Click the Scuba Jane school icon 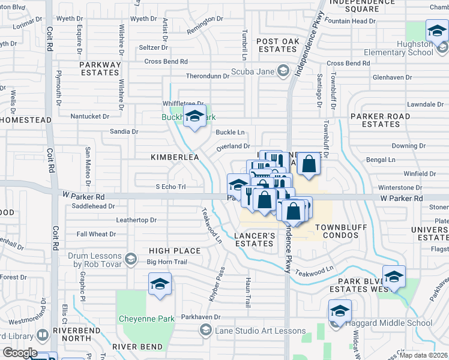[282, 72]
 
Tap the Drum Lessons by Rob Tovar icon [130, 259]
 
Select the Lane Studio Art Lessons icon [206, 330]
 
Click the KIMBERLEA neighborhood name [175, 157]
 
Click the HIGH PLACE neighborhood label [175, 251]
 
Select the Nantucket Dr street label [90, 116]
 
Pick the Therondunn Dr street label [208, 76]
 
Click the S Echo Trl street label [170, 187]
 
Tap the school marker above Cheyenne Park [160, 285]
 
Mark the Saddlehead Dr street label [92, 206]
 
